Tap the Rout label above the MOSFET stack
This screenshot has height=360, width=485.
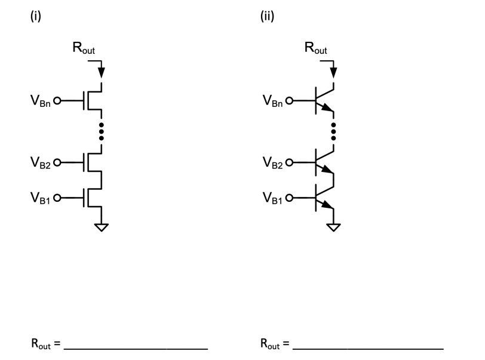click(84, 49)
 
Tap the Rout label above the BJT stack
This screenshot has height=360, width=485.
click(316, 49)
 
